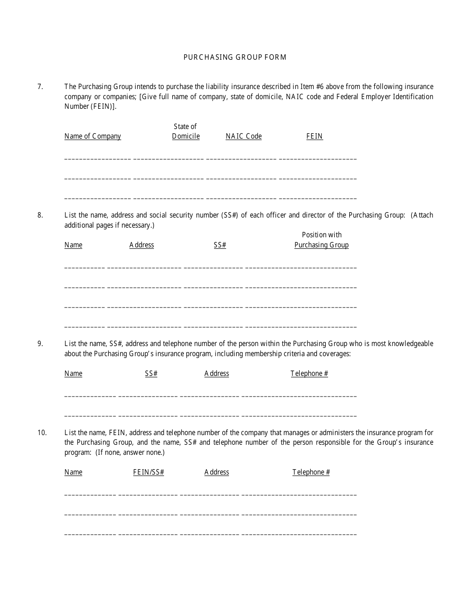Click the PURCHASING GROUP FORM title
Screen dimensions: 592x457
pos(235,57)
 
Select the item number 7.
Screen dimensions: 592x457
pos(40,87)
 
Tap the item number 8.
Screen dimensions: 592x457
pos(40,215)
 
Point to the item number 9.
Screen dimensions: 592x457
pos(40,344)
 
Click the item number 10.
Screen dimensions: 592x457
pos(42,432)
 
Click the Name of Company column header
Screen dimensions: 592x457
pos(92,136)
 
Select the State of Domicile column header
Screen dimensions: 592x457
pos(186,131)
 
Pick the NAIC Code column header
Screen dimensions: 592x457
pos(243,136)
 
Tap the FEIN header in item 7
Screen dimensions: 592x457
pos(314,136)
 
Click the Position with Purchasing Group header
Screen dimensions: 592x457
pos(321,240)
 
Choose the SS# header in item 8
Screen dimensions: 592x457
pos(220,245)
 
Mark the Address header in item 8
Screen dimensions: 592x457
pos(141,245)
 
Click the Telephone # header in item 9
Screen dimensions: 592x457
pos(309,373)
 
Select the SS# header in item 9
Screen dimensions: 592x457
pos(151,373)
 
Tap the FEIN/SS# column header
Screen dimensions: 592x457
pos(148,472)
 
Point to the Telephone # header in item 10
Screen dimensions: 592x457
pos(311,472)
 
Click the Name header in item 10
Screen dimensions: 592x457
pos(73,472)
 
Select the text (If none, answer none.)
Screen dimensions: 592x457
pos(130,452)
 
